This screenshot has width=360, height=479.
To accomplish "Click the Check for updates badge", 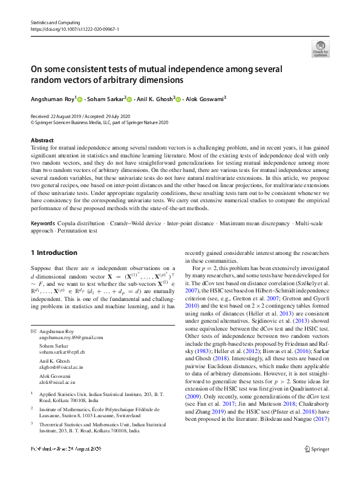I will pyautogui.click(x=320, y=48).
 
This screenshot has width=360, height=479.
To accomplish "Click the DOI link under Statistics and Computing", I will pyautogui.click(x=74, y=28).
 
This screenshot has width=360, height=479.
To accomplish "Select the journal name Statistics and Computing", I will pyautogui.click(x=55, y=22).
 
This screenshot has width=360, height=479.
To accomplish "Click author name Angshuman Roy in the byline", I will pyautogui.click(x=53, y=99).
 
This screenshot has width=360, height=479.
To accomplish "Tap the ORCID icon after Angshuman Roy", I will pyautogui.click(x=79, y=99).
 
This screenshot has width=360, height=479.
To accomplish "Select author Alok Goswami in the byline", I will pyautogui.click(x=205, y=99).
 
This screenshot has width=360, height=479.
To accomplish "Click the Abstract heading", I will pyautogui.click(x=42, y=140).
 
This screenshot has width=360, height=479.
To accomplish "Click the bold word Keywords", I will pyautogui.click(x=43, y=223).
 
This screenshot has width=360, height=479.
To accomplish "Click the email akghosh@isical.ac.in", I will pyautogui.click(x=61, y=366).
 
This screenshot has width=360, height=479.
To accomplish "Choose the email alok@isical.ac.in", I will pyautogui.click(x=58, y=382).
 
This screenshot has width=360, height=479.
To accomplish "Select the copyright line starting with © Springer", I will pyautogui.click(x=99, y=122).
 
